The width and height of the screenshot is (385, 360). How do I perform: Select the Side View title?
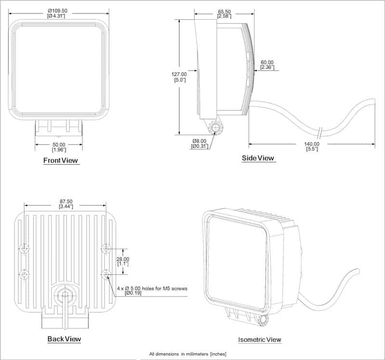click(258, 158)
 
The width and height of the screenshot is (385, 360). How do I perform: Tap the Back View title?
click(64, 339)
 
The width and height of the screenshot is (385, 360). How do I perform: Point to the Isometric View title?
click(259, 339)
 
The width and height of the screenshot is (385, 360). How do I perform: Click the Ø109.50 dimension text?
click(58, 11)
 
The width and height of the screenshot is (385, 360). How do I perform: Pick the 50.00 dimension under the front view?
click(59, 144)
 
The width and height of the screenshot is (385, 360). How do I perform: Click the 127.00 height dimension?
click(179, 74)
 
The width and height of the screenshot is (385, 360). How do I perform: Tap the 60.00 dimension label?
click(267, 62)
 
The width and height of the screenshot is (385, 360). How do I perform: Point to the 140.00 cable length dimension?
click(311, 144)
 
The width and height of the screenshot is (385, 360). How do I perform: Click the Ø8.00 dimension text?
click(199, 140)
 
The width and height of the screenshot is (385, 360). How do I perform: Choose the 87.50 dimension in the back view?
click(65, 201)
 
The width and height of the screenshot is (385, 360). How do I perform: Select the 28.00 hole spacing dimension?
click(124, 258)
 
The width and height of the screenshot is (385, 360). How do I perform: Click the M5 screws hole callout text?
click(152, 288)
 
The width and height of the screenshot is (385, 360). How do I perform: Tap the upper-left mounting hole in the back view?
click(25, 248)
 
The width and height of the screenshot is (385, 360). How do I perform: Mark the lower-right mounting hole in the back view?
click(106, 274)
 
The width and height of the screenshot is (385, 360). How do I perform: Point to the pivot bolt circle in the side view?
click(215, 128)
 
